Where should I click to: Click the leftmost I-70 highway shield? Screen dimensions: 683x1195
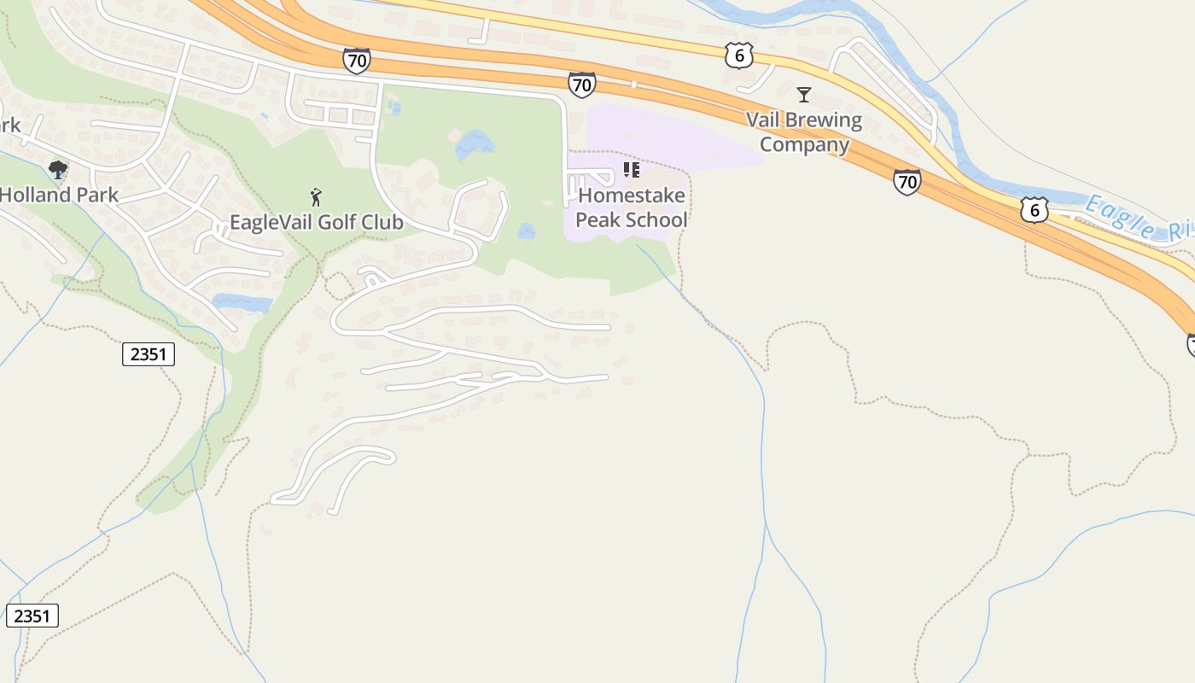coord(357,61)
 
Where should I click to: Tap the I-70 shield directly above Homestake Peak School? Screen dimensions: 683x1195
coord(581,85)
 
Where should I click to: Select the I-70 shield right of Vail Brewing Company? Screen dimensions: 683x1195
coord(906,182)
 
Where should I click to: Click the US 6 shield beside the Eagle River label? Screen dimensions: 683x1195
coord(1034,209)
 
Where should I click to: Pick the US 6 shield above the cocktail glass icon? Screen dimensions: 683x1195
coord(738,55)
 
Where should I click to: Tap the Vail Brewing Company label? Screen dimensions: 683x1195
coord(804,131)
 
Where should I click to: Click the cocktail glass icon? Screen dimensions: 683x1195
coord(803,94)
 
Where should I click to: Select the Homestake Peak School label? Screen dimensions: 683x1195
coord(632,207)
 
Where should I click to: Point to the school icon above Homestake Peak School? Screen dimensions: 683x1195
coord(631,169)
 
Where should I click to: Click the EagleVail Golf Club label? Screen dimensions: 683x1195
coord(316,222)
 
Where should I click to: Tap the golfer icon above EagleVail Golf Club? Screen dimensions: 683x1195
coord(316,197)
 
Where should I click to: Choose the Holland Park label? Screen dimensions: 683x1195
coord(59,195)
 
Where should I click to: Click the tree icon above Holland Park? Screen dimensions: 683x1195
coord(58,169)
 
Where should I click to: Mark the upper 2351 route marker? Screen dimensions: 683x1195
coord(149,353)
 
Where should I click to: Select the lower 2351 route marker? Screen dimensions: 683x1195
coord(32,615)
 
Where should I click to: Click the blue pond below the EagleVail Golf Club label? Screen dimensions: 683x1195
coord(242,302)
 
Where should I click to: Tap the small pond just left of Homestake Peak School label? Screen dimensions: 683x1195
coord(526,231)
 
